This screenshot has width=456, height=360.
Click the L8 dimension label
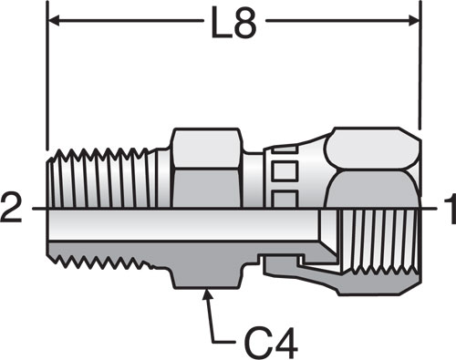(234, 23)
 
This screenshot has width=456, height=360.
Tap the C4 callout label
(271, 342)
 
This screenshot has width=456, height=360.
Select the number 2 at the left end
(11, 208)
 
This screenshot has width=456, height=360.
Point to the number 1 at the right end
(451, 209)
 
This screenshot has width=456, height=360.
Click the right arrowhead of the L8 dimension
(414, 21)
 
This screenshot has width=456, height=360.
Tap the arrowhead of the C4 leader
(207, 294)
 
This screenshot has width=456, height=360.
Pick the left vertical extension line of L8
(47, 76)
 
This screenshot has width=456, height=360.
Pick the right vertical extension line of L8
(420, 66)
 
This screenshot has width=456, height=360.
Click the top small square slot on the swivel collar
(285, 149)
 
